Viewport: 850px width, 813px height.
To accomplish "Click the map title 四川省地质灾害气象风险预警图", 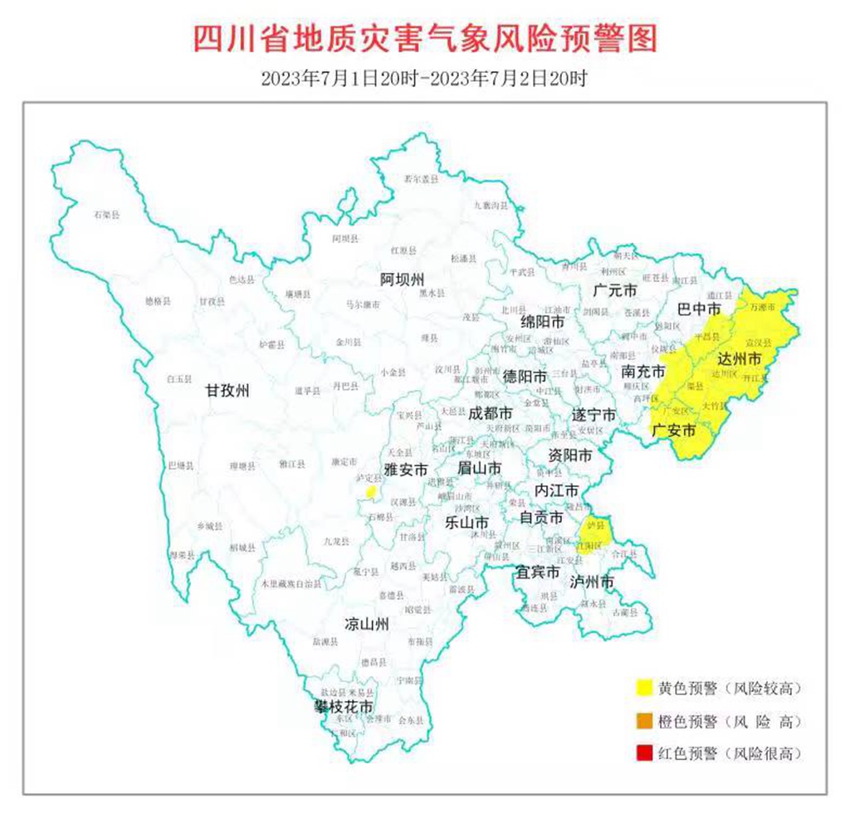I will tap(424, 38).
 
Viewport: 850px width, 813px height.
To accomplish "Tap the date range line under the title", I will tap(424, 80).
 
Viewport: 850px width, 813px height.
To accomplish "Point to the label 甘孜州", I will tap(227, 392).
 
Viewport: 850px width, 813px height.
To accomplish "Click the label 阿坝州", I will tap(402, 278).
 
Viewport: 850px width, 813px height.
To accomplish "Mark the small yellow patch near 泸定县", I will tap(372, 493).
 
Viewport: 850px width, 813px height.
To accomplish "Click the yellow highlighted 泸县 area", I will tap(596, 528).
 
